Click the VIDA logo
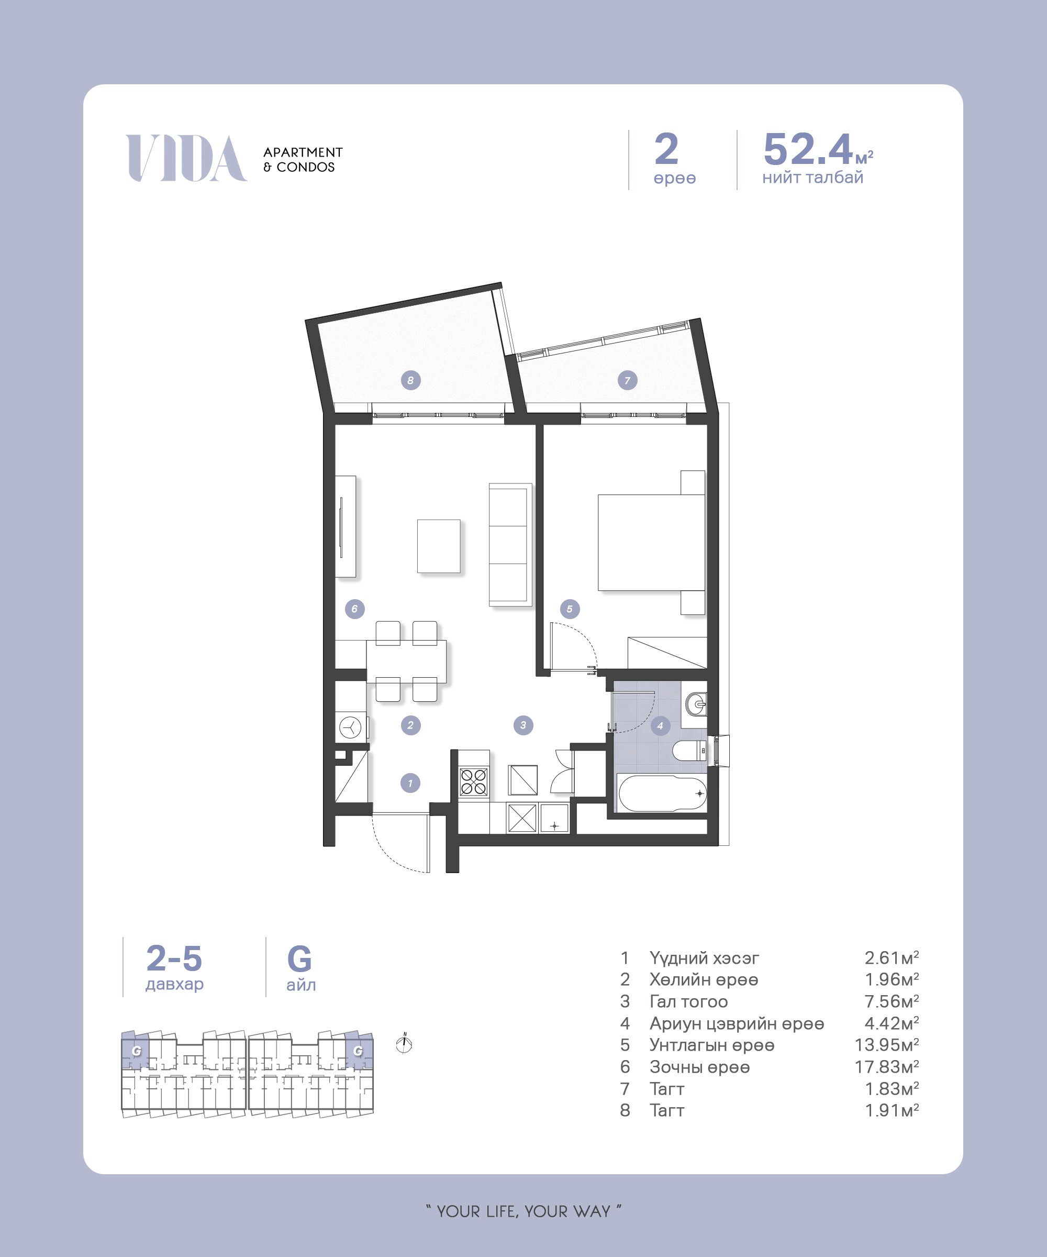click(x=186, y=158)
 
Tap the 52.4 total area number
click(x=808, y=149)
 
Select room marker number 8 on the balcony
click(x=410, y=380)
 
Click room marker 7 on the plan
click(x=627, y=380)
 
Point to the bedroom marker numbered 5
click(x=570, y=609)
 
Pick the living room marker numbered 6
click(x=355, y=609)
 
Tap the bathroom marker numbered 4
click(x=660, y=725)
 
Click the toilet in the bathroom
click(x=690, y=750)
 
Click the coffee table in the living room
click(x=439, y=546)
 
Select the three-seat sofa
click(x=510, y=545)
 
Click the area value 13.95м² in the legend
click(x=887, y=1044)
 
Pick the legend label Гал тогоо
click(x=688, y=1001)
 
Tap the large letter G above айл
click(x=300, y=959)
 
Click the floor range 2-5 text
click(x=174, y=958)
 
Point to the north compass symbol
click(x=405, y=1044)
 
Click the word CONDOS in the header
click(x=306, y=168)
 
